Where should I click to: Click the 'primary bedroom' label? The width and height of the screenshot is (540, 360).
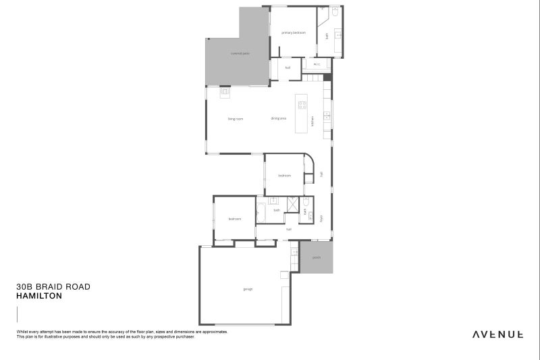[294, 32]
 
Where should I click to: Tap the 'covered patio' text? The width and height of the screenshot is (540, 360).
[240, 53]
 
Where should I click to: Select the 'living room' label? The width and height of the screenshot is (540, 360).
[235, 119]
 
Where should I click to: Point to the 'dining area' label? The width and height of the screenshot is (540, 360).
[279, 118]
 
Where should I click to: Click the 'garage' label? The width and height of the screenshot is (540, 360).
[248, 289]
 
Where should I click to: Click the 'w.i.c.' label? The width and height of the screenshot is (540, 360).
[315, 66]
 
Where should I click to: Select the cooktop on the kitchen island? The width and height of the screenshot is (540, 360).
[302, 105]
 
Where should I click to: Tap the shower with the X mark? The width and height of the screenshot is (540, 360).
[293, 204]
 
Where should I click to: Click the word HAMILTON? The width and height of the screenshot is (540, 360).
[39, 296]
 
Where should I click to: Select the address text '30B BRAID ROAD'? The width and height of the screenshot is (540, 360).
[53, 287]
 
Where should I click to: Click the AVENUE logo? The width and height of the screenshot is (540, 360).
[497, 334]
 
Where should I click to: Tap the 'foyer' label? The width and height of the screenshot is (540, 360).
[321, 217]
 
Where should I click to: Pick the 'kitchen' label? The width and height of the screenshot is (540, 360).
[313, 122]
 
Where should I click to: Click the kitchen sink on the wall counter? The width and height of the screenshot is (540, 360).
[327, 114]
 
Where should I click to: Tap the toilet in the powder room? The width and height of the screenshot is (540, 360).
[306, 202]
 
